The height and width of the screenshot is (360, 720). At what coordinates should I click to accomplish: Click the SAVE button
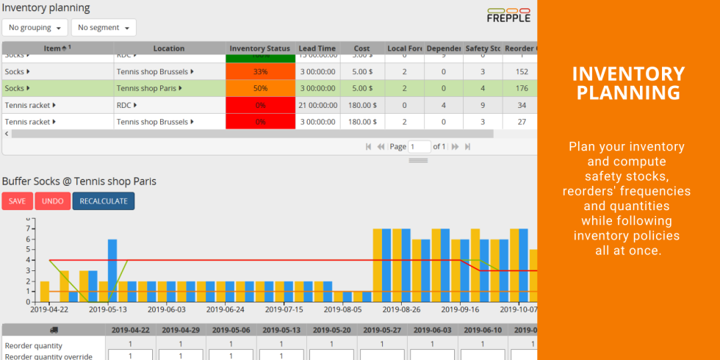[x=17, y=201]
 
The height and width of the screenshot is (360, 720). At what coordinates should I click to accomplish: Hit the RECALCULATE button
[x=104, y=201]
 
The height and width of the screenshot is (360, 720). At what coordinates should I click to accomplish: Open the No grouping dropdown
[x=35, y=27]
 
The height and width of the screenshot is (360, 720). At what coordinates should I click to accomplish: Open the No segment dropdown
[x=104, y=27]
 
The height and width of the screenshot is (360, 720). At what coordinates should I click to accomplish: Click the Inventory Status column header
[x=260, y=48]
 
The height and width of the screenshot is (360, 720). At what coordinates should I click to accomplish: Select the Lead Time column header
[x=317, y=48]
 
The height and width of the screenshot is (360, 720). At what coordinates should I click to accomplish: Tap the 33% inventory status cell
[x=260, y=72]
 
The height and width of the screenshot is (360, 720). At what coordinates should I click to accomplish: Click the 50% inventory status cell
[x=260, y=88]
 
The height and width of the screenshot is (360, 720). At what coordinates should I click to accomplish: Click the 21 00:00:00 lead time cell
[x=317, y=105]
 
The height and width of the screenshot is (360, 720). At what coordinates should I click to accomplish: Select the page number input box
[x=420, y=146]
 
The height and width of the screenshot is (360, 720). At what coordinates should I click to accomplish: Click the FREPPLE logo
[x=508, y=14]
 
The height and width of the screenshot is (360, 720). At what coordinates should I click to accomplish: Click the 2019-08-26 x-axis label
[x=401, y=310]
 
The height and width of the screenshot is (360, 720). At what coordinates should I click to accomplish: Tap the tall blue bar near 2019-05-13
[x=112, y=270]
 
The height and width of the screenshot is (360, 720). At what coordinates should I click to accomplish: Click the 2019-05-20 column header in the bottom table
[x=332, y=330]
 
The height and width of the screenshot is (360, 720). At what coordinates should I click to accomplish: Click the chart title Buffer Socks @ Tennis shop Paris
[x=79, y=181]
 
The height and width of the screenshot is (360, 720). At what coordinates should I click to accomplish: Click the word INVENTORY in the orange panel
[x=628, y=74]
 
